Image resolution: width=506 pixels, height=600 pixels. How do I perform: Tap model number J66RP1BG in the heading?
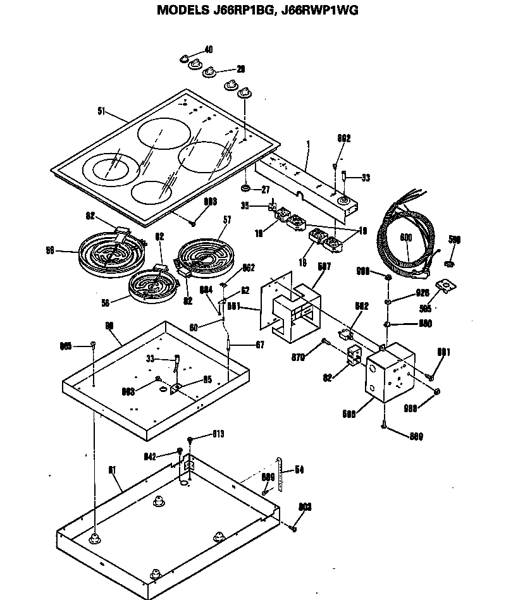245,10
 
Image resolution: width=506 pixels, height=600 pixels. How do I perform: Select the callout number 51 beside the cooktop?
101,112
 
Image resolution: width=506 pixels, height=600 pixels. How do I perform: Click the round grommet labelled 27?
245,189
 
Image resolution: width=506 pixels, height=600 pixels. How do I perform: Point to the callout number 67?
242,345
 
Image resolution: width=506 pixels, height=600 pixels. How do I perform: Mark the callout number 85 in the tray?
207,380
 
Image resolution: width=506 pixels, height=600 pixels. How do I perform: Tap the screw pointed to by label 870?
324,342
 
